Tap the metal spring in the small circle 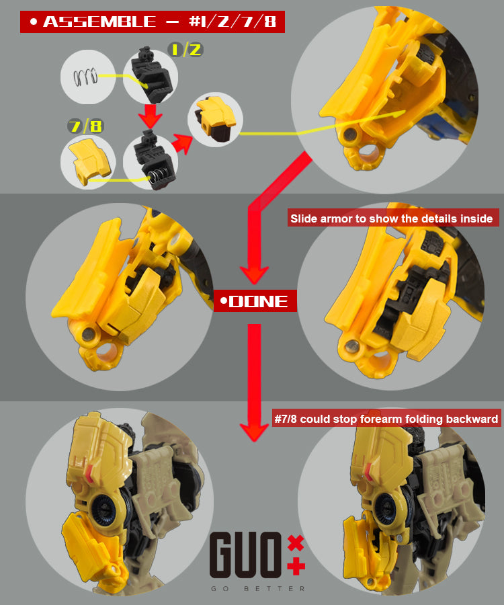click(x=85, y=77)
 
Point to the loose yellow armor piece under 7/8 click(x=85, y=161)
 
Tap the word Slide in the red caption click(x=304, y=218)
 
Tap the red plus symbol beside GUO click(x=296, y=566)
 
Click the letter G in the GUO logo click(x=224, y=556)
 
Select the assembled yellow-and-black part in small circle click(x=215, y=118)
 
